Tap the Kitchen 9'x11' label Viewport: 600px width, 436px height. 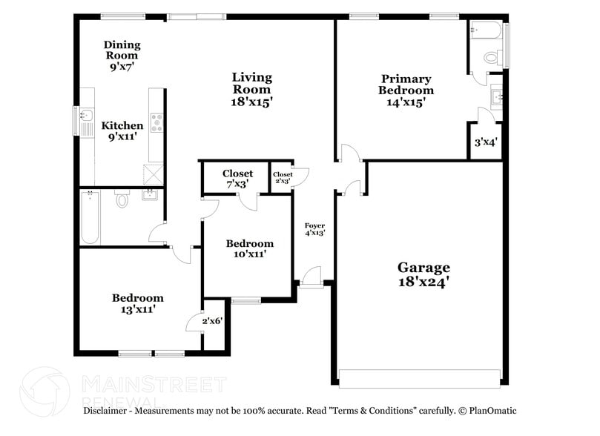tap(122, 131)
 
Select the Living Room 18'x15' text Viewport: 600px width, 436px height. tap(251, 90)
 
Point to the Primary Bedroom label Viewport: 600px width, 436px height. tap(406, 90)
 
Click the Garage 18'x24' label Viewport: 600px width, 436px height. tap(423, 274)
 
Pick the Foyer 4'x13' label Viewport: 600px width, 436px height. tap(315, 228)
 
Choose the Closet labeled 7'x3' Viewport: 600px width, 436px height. tap(237, 178)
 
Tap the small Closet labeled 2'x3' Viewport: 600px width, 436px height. tap(283, 178)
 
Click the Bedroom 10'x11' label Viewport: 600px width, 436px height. tap(249, 248)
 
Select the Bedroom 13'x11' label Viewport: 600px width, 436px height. tap(137, 303)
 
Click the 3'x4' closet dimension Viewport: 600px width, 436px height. tap(486, 142)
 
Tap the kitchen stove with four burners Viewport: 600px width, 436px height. tap(157, 122)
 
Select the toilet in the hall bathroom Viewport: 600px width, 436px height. tap(122, 199)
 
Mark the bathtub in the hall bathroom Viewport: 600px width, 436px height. tap(90, 217)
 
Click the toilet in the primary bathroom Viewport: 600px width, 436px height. tap(490, 56)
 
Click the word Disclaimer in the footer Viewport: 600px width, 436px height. tap(109, 410)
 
